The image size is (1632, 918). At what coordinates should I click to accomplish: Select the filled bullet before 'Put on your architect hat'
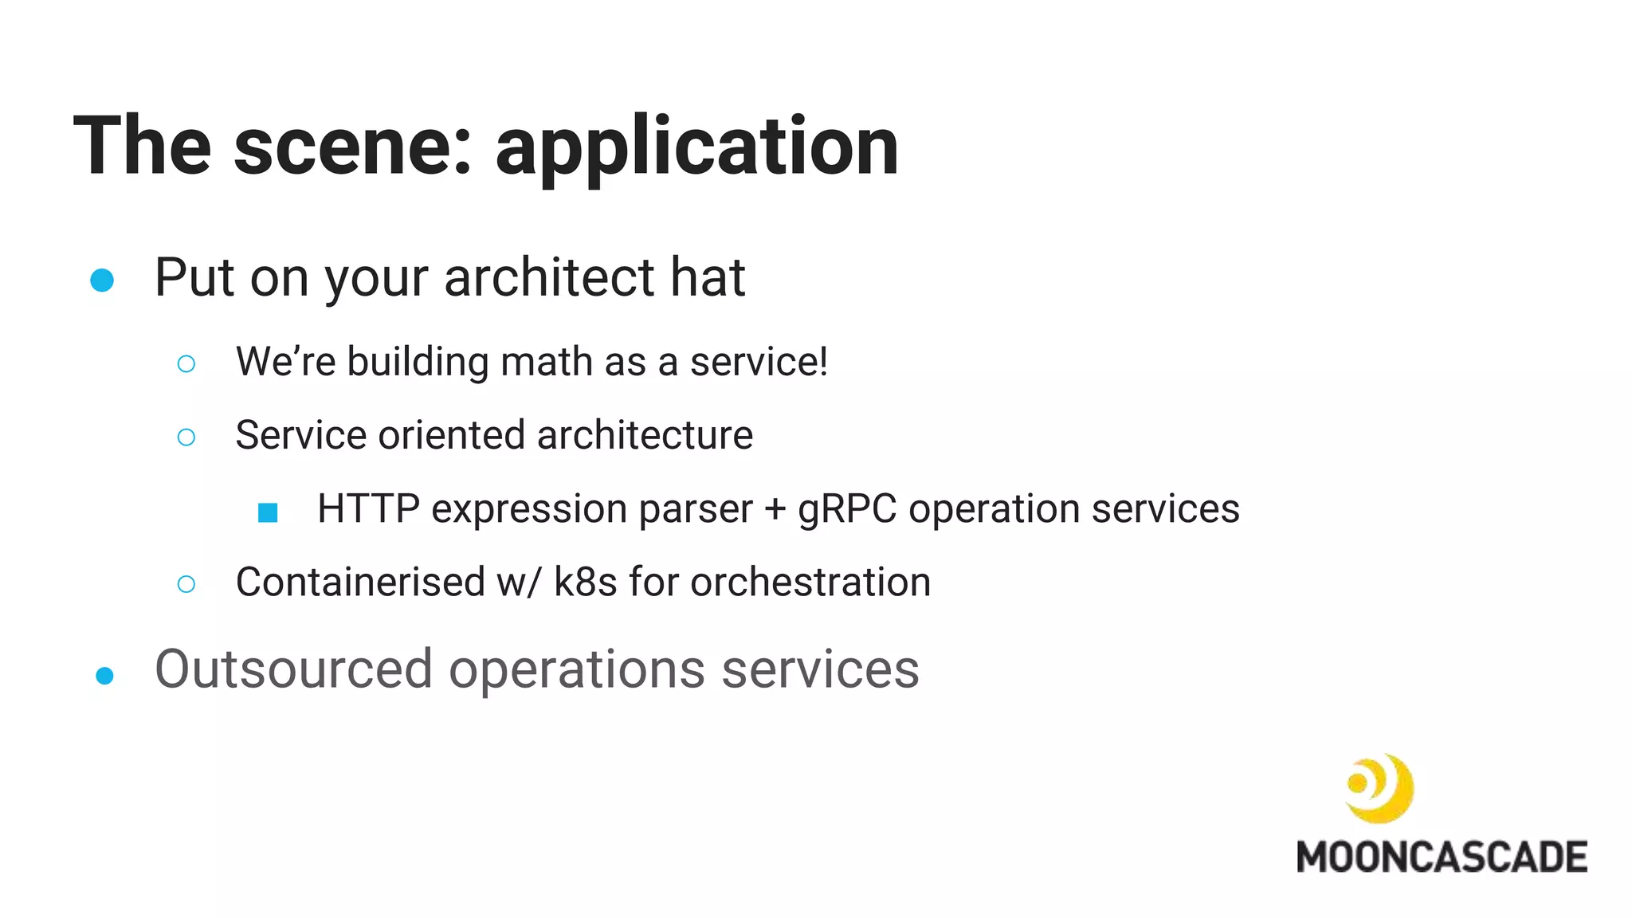pos(102,280)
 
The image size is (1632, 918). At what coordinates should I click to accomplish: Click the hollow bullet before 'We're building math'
pos(186,364)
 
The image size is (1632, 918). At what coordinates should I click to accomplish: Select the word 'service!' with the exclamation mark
pos(759,362)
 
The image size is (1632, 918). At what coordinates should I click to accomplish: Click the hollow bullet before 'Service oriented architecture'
pos(186,437)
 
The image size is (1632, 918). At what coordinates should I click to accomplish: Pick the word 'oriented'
pos(452,435)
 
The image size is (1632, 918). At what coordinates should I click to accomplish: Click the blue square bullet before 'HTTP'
pos(268,512)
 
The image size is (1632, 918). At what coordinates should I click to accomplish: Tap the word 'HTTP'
pos(368,508)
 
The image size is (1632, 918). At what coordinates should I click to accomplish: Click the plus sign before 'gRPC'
pos(775,510)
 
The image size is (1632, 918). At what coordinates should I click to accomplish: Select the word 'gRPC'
pos(847,510)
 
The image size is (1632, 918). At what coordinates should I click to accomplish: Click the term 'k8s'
pos(585,582)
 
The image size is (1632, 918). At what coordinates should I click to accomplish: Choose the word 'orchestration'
pos(810,582)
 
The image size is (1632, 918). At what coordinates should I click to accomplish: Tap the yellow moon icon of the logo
pos(1379,788)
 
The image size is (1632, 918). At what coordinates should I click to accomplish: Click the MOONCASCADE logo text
pos(1442,857)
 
